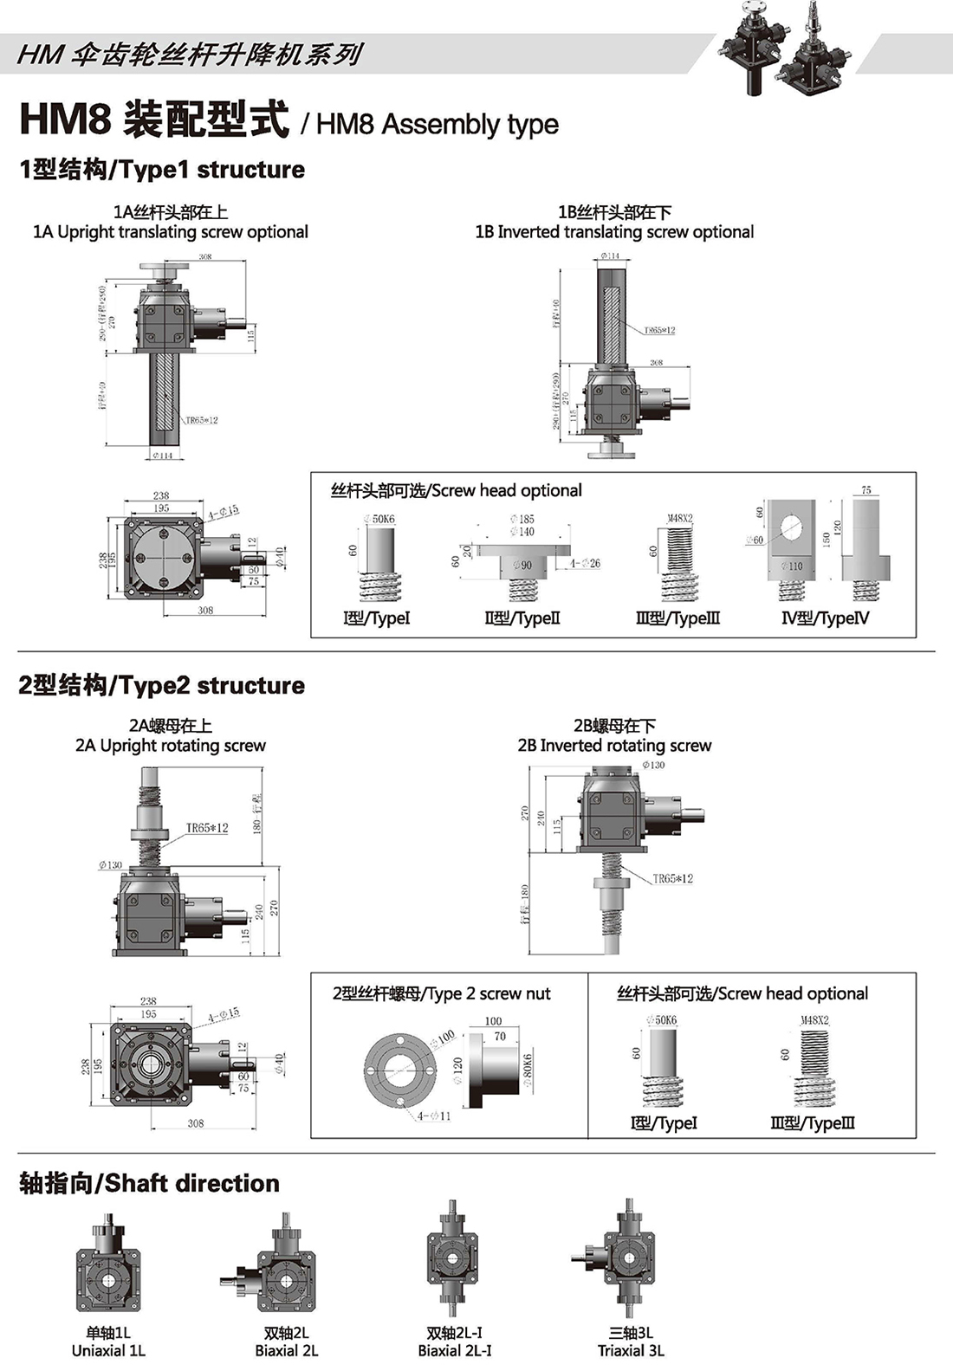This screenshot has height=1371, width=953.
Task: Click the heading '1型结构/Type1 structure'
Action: tap(162, 169)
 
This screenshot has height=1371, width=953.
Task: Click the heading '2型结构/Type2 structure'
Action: tap(162, 685)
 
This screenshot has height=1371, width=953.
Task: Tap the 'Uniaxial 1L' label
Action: tap(108, 1350)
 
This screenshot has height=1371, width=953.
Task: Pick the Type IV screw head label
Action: tap(826, 618)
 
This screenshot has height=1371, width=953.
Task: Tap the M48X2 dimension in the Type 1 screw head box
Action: tap(679, 519)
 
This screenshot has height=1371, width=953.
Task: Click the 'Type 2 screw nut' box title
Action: tap(441, 993)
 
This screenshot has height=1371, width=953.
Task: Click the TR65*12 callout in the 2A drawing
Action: tap(207, 828)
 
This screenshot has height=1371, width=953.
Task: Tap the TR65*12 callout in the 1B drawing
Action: tap(659, 330)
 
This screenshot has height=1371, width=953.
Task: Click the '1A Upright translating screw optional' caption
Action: tap(171, 232)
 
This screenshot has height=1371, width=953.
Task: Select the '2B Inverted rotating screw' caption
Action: tap(614, 746)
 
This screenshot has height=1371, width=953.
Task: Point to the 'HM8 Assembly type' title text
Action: tap(437, 124)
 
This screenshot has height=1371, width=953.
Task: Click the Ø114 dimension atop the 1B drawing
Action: tap(610, 256)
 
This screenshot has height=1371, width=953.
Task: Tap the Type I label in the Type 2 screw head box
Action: tap(664, 1123)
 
